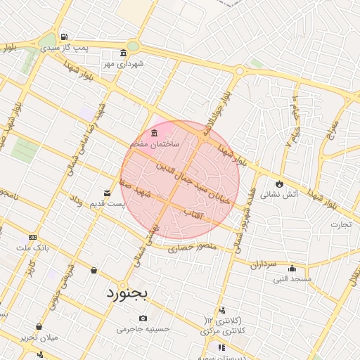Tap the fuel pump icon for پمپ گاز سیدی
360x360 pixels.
point(65,37)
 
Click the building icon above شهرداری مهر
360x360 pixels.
point(124,53)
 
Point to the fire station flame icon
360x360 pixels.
point(280,183)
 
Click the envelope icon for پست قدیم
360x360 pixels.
point(107,193)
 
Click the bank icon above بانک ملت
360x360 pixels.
point(32,238)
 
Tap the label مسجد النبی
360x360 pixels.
point(292,279)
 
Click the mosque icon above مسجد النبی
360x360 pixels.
point(292,268)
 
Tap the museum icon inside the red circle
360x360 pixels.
point(154,133)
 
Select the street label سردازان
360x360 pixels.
point(264,264)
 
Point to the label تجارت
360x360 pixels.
point(340,225)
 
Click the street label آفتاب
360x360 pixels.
point(192,212)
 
